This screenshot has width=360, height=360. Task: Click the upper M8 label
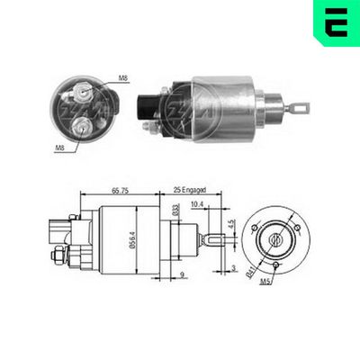click(x=122, y=79)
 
